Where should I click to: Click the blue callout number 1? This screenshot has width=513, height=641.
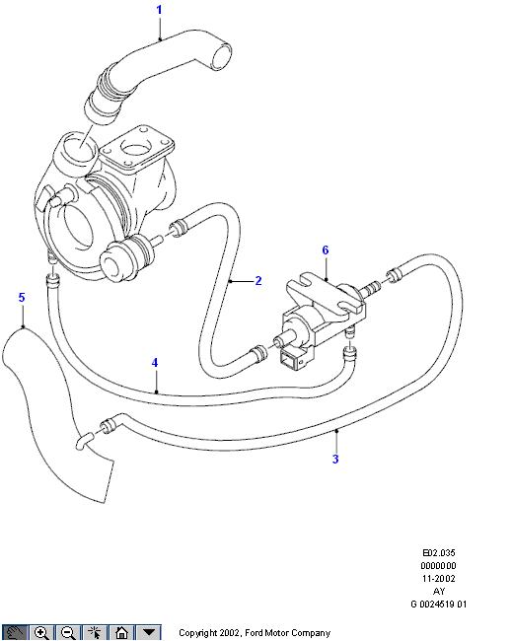(160, 10)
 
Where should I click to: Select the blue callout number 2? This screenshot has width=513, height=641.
(258, 281)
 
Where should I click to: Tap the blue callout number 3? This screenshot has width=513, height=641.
(335, 460)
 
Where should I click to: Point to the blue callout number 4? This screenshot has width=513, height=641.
(155, 363)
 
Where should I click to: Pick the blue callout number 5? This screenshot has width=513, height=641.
(22, 297)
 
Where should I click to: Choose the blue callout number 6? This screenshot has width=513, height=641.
(326, 250)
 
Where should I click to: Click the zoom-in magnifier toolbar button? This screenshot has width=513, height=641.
(41, 633)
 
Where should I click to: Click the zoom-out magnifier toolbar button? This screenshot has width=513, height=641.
(68, 633)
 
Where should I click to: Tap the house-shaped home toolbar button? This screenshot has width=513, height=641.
(121, 633)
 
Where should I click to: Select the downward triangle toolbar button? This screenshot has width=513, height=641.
(149, 633)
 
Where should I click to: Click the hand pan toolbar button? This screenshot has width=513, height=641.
(15, 633)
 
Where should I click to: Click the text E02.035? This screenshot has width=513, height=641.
(439, 553)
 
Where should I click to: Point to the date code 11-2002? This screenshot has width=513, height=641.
(439, 579)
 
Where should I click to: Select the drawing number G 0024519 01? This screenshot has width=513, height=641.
(439, 605)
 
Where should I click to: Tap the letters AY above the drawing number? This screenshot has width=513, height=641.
(439, 592)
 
